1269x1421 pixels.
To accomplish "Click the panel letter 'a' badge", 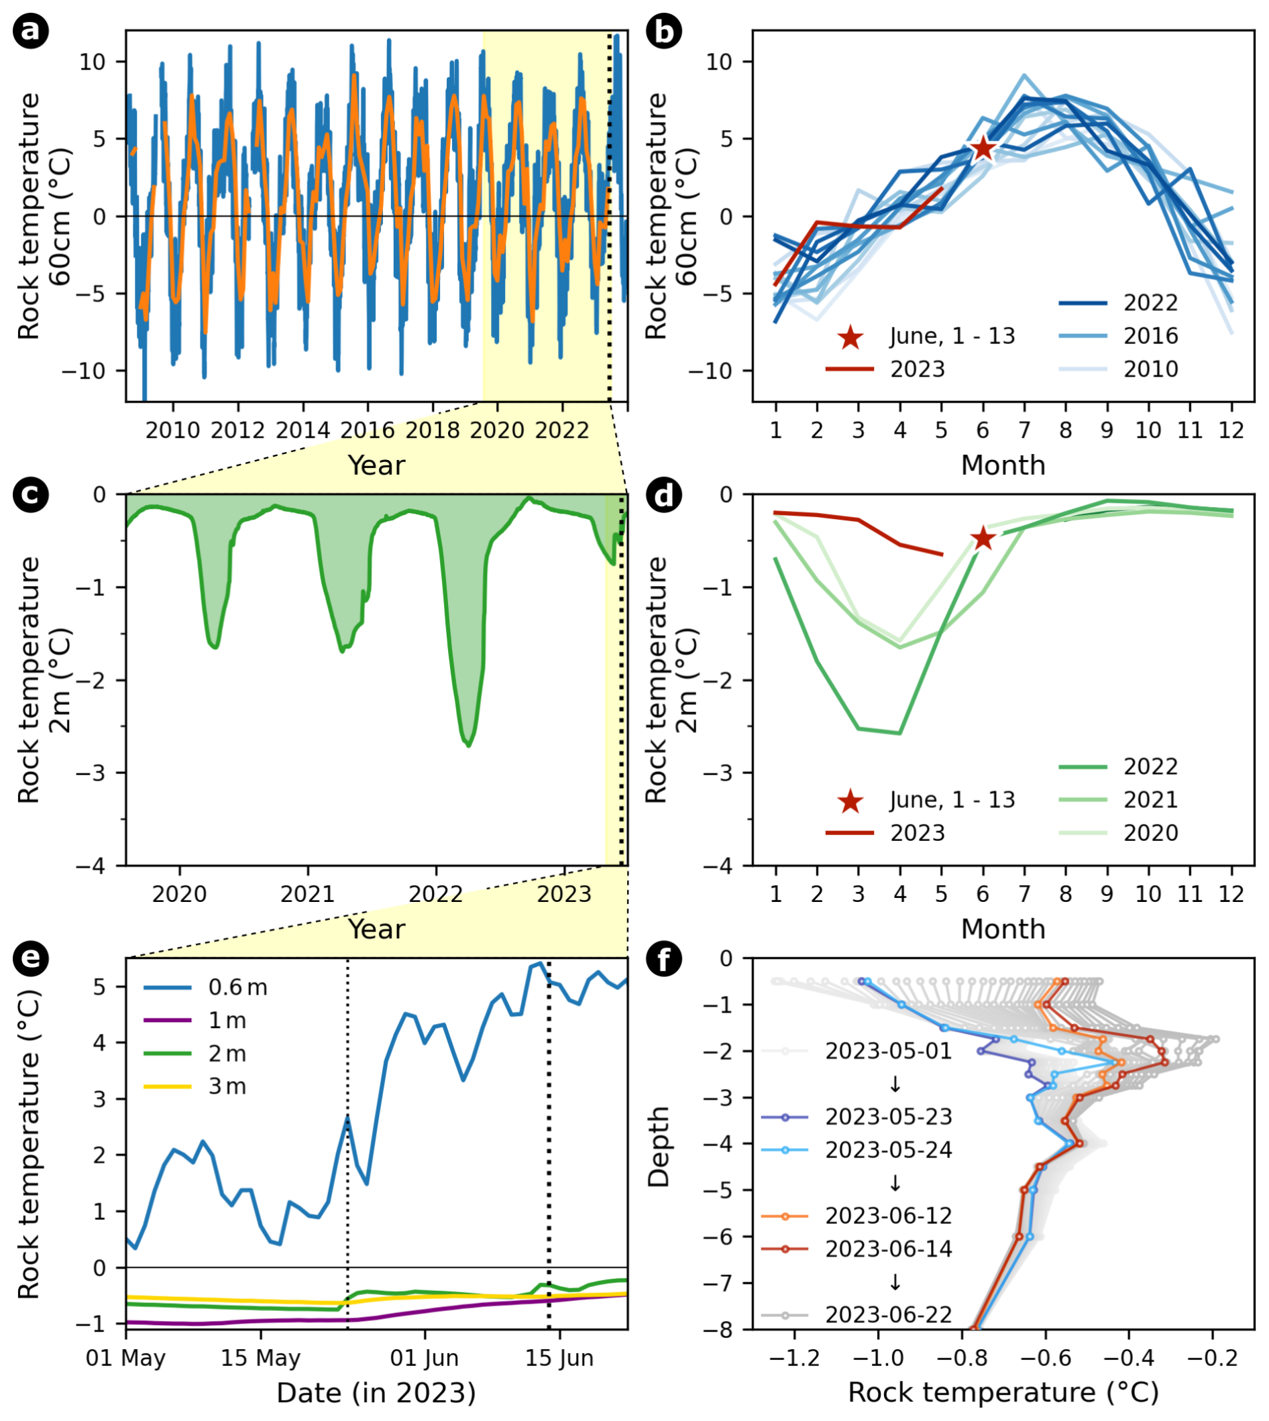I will [31, 32].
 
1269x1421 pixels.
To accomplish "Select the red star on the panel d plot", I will [983, 538].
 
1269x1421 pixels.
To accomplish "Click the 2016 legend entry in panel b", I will [1150, 336].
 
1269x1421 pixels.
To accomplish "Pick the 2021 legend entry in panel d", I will [1150, 800].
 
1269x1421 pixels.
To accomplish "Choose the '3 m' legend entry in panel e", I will [227, 1086].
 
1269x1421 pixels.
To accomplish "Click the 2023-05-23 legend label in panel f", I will [888, 1117].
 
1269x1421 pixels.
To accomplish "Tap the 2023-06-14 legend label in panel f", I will [888, 1248].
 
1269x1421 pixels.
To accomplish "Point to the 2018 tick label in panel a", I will [433, 431].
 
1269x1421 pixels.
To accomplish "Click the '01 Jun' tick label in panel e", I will [424, 1357].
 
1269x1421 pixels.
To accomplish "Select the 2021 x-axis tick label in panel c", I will [307, 894].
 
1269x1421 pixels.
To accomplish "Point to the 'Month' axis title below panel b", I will [1003, 465].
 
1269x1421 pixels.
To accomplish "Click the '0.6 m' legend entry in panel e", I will [237, 987].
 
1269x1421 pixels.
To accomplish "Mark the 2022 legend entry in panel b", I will [1150, 302].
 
